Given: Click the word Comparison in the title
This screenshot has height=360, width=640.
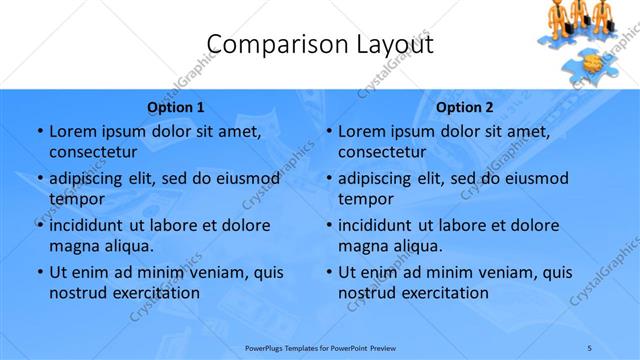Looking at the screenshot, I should pyautogui.click(x=265, y=44).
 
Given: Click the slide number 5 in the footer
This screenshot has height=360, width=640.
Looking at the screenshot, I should pyautogui.click(x=590, y=347).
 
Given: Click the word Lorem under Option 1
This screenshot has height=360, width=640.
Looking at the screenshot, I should pyautogui.click(x=72, y=132).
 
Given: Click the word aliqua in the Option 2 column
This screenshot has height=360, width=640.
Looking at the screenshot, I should pyautogui.click(x=415, y=245).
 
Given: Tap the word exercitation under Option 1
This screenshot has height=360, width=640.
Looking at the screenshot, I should pyautogui.click(x=152, y=293).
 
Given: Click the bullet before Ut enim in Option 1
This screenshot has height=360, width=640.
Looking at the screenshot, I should pyautogui.click(x=39, y=272).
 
